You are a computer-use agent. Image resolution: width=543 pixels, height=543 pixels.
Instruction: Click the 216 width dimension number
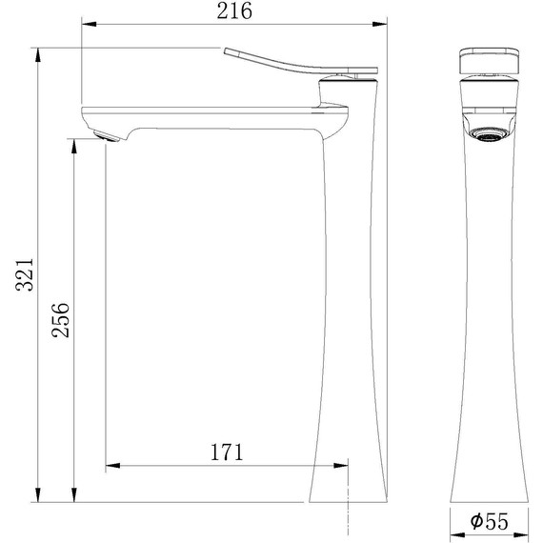(x=234, y=11)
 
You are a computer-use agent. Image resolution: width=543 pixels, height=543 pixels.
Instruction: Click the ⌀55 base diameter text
(x=487, y=522)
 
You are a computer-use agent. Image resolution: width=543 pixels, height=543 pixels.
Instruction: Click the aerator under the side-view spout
(x=108, y=137)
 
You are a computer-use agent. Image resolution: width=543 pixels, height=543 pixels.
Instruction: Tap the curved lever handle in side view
(x=286, y=63)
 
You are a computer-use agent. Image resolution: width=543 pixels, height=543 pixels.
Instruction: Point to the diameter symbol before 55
(x=473, y=522)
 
